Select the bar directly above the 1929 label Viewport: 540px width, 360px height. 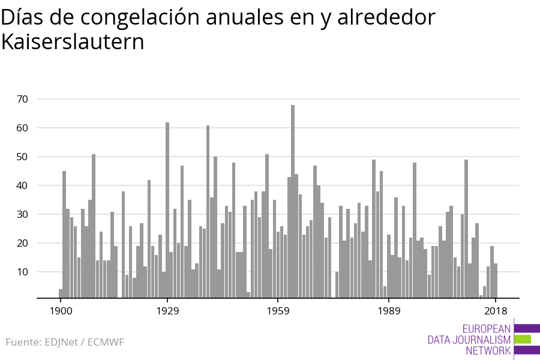(x=167, y=210)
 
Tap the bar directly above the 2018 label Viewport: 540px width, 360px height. (x=496, y=280)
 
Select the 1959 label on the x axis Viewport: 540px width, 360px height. (x=278, y=311)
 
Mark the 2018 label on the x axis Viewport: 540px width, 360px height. (x=496, y=311)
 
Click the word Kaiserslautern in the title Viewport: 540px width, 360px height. (x=73, y=43)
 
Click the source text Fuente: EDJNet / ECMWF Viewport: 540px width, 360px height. (x=65, y=343)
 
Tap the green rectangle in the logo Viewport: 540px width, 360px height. (x=522, y=339)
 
